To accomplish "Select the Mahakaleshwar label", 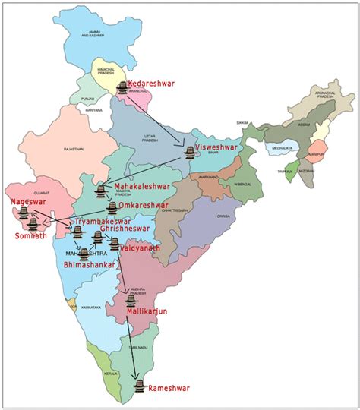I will pyautogui.click(x=141, y=186).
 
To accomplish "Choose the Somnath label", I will pyautogui.click(x=30, y=236).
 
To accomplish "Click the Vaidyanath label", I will pyautogui.click(x=144, y=248).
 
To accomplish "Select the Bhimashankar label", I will pyautogui.click(x=90, y=265).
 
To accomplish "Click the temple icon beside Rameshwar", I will pyautogui.click(x=138, y=386).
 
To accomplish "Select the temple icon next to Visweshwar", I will pyautogui.click(x=189, y=152).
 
